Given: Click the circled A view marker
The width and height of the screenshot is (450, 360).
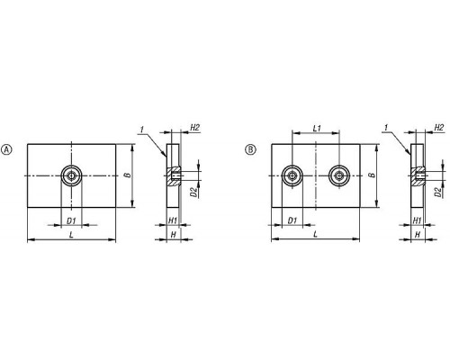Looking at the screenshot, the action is click(x=7, y=149).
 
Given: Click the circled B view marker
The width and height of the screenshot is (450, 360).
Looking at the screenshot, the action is click(x=250, y=149).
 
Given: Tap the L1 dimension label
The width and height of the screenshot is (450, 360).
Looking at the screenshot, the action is click(x=317, y=129).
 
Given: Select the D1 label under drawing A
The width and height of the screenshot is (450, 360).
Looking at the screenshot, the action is click(x=71, y=221).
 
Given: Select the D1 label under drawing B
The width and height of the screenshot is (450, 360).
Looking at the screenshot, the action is click(x=292, y=221).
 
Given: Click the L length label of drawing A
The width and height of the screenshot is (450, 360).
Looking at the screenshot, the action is click(x=71, y=235).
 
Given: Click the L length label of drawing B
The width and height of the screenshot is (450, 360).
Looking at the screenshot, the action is click(x=315, y=235).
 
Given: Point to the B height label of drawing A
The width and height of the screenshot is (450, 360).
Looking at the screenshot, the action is click(x=128, y=175).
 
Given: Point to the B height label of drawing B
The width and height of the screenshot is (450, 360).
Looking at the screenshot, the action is click(x=373, y=175).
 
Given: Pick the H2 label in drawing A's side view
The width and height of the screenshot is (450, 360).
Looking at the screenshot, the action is click(x=194, y=128).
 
